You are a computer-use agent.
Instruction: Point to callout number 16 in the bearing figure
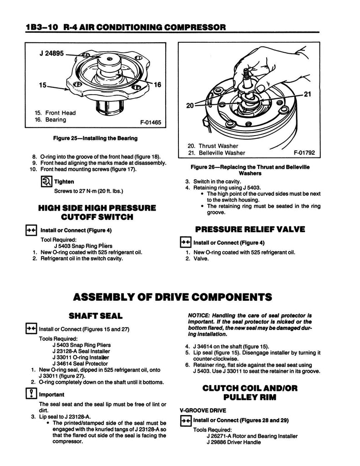coord(157,85)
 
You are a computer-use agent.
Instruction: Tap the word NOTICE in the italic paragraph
coord(200,315)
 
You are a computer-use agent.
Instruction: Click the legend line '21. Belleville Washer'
coord(216,153)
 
